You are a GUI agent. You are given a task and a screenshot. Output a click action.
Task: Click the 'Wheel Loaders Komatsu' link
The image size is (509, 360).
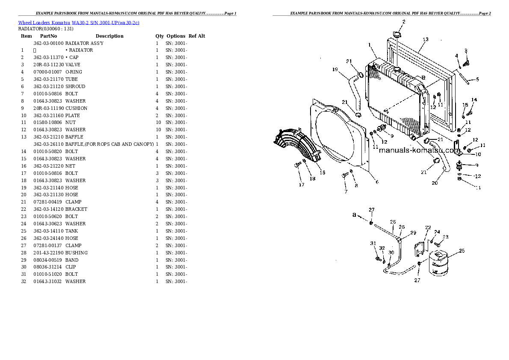click(44, 23)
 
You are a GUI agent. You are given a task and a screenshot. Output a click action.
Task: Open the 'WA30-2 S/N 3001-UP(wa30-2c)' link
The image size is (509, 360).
click(106, 23)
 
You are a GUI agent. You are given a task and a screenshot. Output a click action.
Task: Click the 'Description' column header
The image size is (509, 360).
click(109, 36)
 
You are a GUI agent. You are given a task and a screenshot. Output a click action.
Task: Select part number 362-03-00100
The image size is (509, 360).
click(48, 43)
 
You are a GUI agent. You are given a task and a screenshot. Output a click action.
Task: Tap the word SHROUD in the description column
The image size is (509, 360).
click(75, 86)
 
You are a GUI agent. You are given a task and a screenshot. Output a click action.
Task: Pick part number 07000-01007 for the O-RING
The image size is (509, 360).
click(47, 72)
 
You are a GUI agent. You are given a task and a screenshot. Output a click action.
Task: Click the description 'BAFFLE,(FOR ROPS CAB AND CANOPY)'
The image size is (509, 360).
click(110, 144)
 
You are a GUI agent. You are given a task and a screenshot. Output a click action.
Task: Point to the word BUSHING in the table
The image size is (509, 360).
click(76, 253)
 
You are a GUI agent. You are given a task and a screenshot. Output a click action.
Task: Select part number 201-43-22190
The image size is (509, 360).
click(48, 253)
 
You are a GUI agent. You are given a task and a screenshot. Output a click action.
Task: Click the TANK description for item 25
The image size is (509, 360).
click(71, 231)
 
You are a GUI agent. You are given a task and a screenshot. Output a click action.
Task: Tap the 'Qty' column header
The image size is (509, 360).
click(160, 36)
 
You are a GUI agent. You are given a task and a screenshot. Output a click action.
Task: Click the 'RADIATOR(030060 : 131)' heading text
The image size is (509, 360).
click(46, 29)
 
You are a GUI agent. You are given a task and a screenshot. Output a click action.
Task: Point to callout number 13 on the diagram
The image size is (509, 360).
click(426, 39)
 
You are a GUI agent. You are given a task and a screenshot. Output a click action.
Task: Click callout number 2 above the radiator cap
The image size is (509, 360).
click(404, 22)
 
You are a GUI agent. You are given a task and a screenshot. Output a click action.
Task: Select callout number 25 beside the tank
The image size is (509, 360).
click(462, 251)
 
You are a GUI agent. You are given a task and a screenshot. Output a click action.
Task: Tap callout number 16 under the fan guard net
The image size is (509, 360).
click(323, 173)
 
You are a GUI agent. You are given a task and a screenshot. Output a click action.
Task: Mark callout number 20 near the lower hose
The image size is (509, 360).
click(435, 183)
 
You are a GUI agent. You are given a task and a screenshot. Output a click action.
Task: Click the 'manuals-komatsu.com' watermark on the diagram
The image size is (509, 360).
click(420, 150)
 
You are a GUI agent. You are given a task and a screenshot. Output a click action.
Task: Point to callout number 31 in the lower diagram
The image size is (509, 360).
click(373, 243)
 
